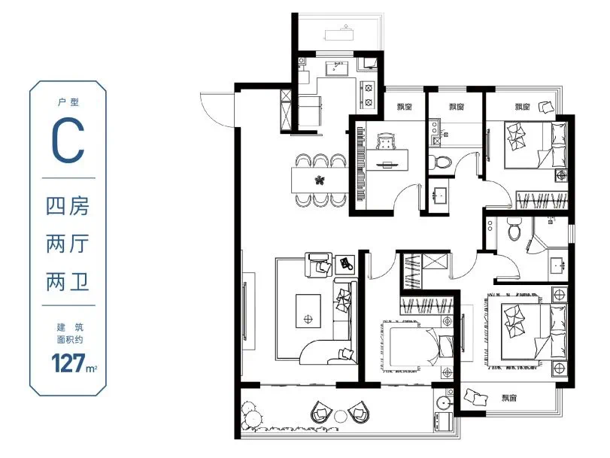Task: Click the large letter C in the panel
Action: pos(68,140)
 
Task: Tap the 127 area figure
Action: pos(68,363)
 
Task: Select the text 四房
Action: pos(68,206)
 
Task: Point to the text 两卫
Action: pos(68,282)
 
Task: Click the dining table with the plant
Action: pos(320,180)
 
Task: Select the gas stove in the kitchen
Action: pos(368,94)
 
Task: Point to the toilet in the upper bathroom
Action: pos(440,162)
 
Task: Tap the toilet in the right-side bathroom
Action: pos(514,229)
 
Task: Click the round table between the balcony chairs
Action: pos(341,416)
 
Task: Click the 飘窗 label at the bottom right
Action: pos(509,398)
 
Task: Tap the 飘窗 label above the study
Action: pos(405,107)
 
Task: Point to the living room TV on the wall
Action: pos(244,311)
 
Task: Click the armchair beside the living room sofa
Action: pos(318,265)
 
